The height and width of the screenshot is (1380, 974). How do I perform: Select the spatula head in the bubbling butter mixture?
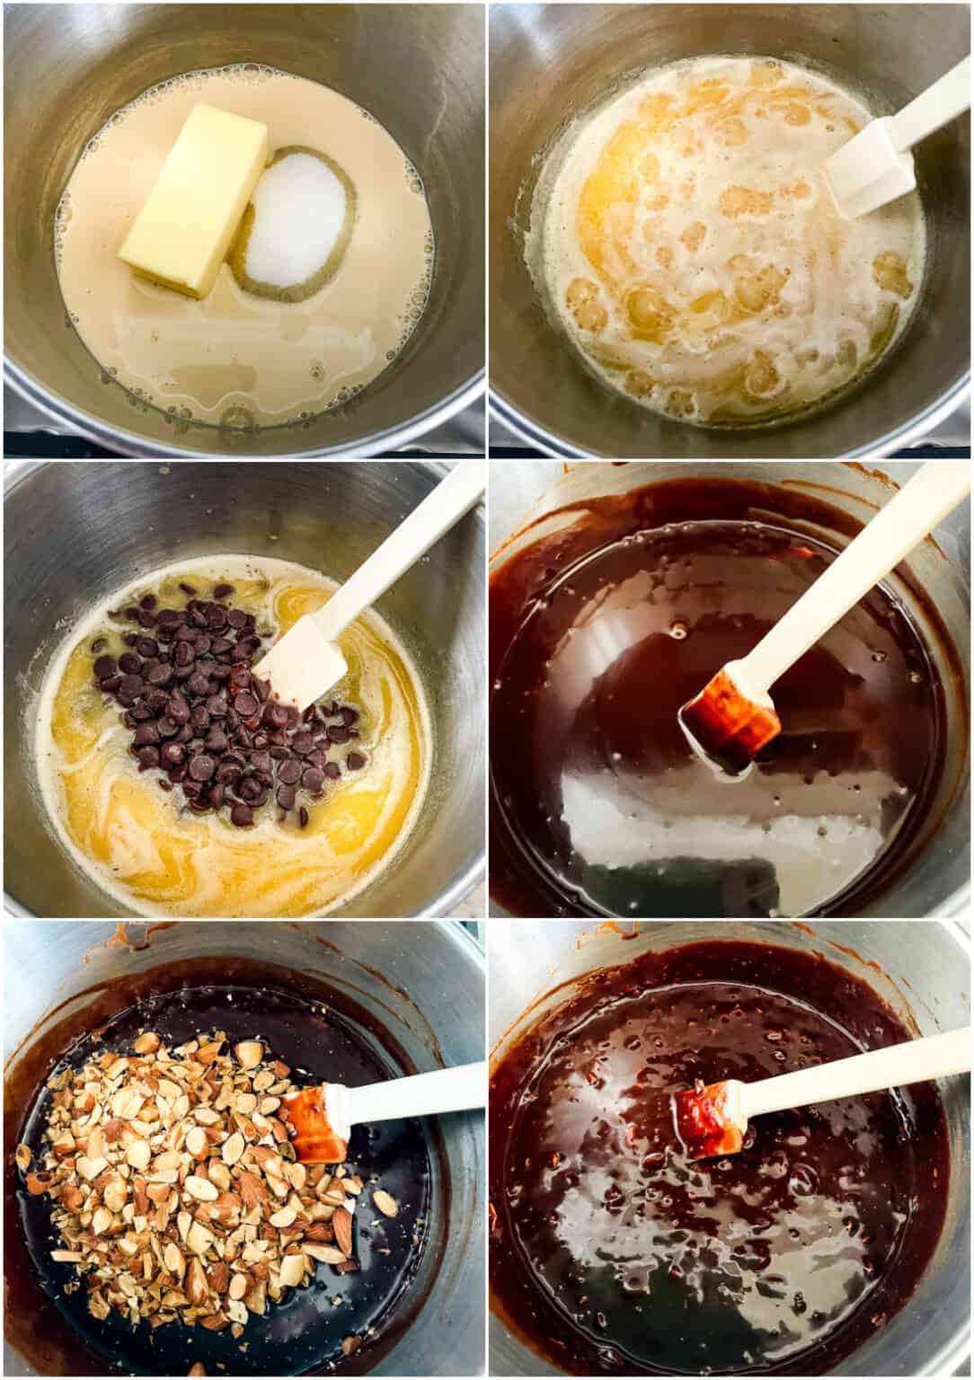[868, 174]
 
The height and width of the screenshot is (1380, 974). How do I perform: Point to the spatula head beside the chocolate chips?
[303, 660]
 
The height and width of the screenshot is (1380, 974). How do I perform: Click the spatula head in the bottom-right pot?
[710, 1119]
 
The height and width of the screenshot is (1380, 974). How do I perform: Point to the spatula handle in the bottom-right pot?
[854, 1069]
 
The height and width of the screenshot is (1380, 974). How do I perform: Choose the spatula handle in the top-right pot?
[934, 99]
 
